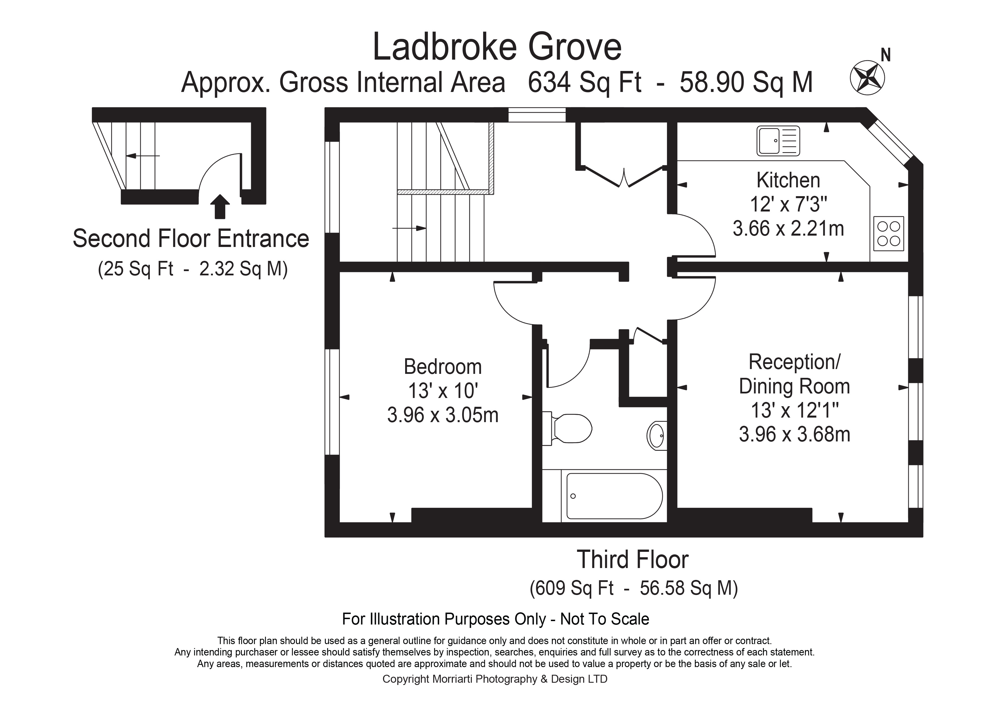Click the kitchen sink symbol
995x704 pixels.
[778, 141]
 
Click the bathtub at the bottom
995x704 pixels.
[614, 496]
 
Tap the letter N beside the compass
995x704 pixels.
[886, 55]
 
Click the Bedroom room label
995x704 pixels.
[443, 367]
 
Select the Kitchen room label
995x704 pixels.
[788, 180]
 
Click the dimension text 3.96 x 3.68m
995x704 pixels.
[794, 434]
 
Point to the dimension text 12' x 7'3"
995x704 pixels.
[788, 204]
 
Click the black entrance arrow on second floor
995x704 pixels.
[220, 206]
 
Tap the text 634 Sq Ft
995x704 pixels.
[584, 82]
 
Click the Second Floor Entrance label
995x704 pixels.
[191, 238]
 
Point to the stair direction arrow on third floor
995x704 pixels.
[409, 228]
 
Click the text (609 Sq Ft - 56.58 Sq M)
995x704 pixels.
[633, 588]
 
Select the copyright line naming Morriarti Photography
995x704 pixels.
[495, 679]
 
